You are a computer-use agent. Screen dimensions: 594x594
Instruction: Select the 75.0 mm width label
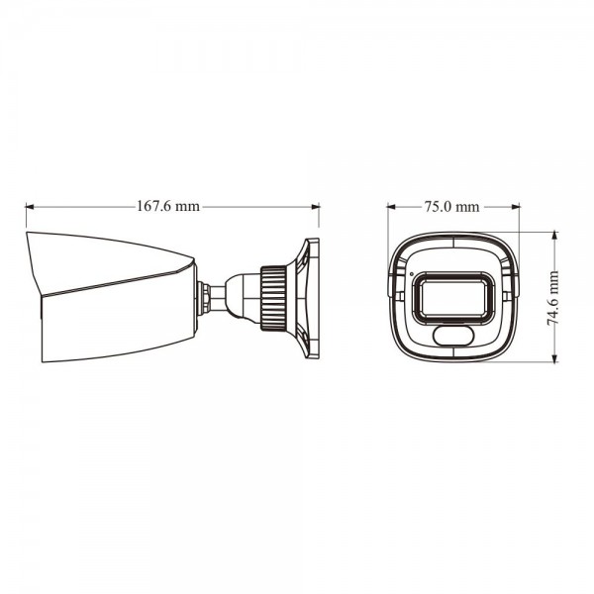tap(452, 207)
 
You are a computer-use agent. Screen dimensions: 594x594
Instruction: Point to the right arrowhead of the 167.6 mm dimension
tap(316, 207)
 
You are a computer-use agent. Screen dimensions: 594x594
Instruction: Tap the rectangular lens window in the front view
tap(452, 296)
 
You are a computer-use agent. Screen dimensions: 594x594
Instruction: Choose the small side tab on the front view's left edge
tap(387, 285)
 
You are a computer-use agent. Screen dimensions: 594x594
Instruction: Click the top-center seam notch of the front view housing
tap(452, 238)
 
